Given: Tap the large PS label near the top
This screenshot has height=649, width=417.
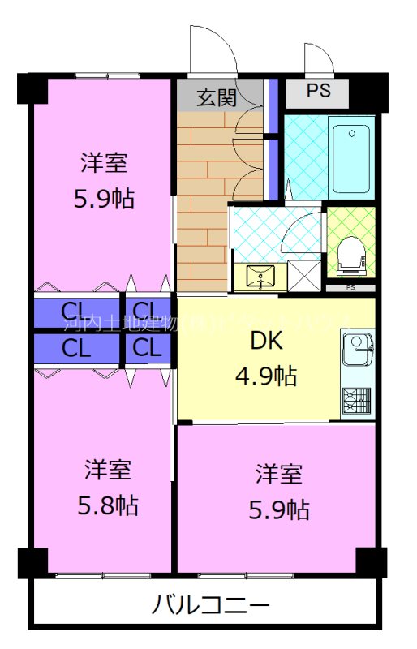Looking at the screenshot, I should (318, 91).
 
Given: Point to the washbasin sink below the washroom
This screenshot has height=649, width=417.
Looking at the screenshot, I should (260, 277).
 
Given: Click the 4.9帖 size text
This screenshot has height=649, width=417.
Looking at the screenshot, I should (265, 376).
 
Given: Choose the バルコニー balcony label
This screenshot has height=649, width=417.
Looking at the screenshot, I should (210, 605).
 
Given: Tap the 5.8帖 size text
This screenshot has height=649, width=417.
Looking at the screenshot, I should (108, 506).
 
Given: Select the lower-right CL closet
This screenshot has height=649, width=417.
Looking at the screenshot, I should (147, 349).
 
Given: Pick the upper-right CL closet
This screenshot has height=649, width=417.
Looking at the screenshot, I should (147, 310).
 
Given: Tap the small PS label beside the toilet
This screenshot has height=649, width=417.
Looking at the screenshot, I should (350, 287).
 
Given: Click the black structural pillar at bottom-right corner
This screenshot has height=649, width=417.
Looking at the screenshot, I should (371, 561).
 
